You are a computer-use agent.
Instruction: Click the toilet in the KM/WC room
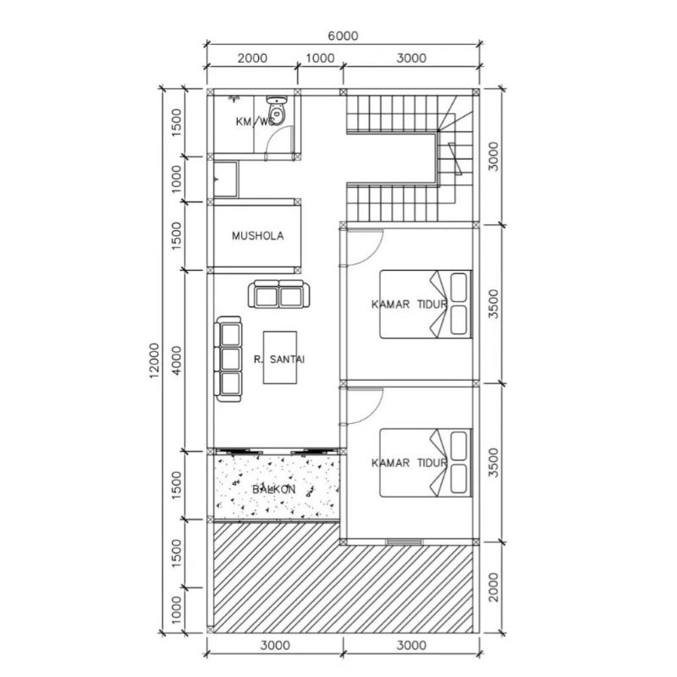(277, 111)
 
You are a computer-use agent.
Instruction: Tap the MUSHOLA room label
(258, 236)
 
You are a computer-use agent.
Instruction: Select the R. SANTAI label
(279, 359)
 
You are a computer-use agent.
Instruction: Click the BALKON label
(273, 489)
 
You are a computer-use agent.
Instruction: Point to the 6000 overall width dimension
(343, 36)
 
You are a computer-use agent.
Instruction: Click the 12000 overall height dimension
(155, 361)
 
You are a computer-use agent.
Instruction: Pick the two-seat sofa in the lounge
(279, 294)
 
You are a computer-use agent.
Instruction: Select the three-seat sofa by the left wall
(228, 359)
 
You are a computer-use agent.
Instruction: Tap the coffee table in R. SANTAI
(280, 357)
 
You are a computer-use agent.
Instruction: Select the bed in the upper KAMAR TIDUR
(426, 304)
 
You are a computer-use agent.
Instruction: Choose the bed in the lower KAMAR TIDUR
(426, 462)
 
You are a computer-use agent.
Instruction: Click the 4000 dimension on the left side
(177, 361)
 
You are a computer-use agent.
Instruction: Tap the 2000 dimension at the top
(252, 58)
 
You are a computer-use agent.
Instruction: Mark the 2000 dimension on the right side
(493, 587)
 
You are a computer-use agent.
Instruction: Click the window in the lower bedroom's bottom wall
(405, 542)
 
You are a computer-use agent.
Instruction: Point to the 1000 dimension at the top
(320, 58)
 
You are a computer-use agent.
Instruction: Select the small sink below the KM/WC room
(225, 179)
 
